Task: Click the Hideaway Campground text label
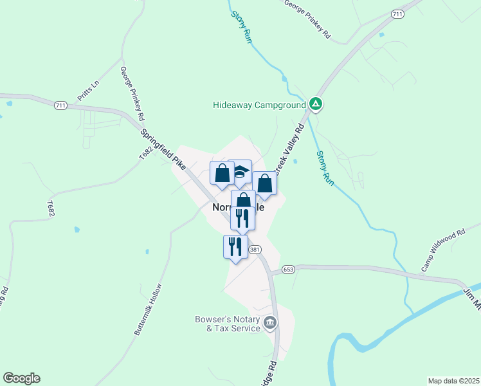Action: point(259,105)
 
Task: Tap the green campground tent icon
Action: point(315,104)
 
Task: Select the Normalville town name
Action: point(238,208)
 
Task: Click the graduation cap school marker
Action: point(239,172)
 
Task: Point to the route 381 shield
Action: point(255,249)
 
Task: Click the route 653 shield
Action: point(288,269)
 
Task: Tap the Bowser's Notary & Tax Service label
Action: point(228,324)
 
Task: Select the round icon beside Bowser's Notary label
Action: point(270,322)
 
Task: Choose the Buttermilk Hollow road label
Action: point(149,309)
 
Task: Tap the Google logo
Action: point(21,378)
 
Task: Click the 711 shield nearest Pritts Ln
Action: point(60,104)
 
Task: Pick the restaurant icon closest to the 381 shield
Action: point(233,246)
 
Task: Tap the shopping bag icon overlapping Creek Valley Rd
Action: point(264,183)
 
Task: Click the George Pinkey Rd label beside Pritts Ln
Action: point(132,93)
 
